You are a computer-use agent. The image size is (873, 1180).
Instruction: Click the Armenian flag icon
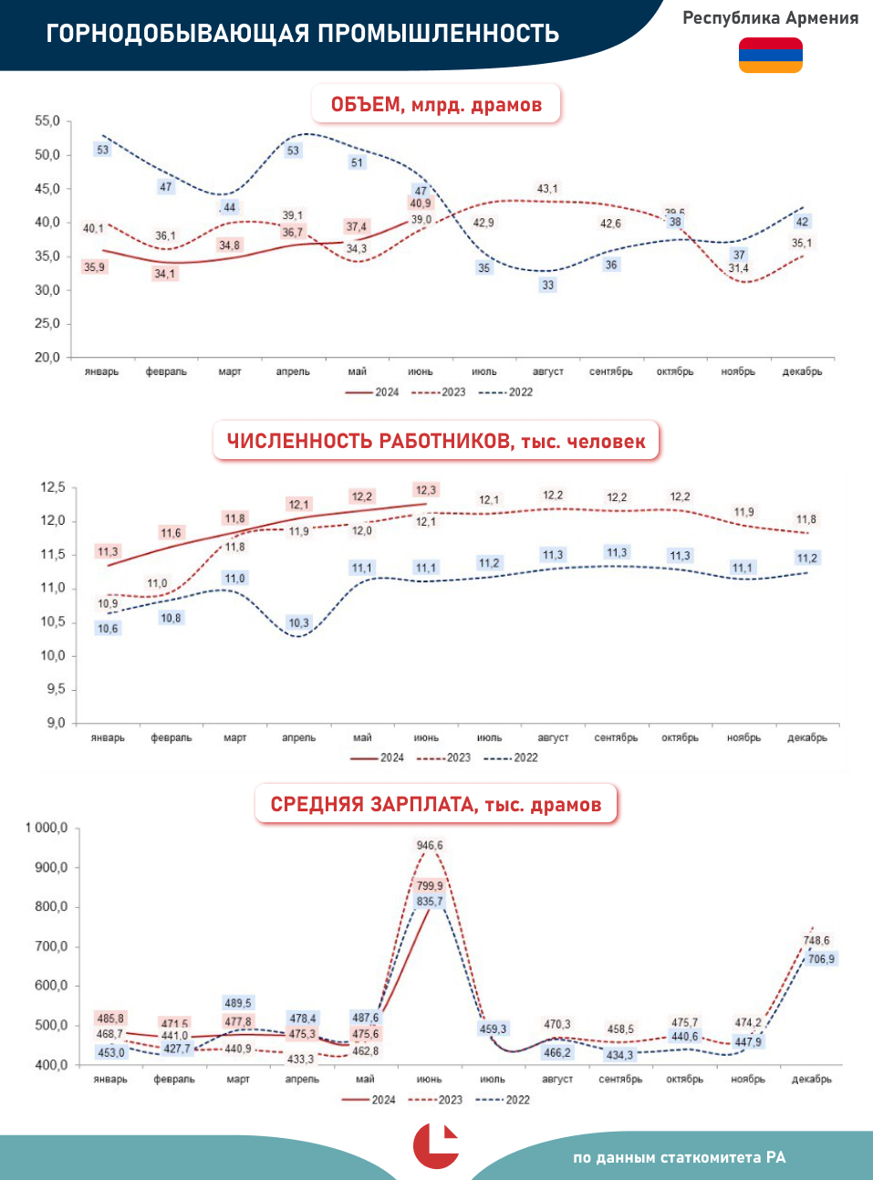pos(770,55)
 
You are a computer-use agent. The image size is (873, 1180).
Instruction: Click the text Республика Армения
pos(770,18)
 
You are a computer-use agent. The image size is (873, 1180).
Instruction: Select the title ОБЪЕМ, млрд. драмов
pos(436,105)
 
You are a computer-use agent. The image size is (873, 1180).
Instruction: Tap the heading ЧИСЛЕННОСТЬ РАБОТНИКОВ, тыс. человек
pos(436,442)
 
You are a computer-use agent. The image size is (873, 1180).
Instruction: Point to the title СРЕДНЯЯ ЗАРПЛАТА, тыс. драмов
pos(436,805)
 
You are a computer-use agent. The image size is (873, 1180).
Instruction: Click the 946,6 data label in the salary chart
pos(430,846)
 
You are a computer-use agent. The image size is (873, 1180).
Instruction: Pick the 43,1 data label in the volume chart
pos(547,189)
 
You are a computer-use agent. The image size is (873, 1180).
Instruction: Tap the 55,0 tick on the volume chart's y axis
pos(47,121)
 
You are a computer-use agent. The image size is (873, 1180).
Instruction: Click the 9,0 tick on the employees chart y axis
pos(56,723)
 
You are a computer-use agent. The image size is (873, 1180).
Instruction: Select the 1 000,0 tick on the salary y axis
pos(47,828)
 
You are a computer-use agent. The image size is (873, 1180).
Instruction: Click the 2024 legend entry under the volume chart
pos(373,392)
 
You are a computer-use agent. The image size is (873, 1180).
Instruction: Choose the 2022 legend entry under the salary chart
pos(505,1100)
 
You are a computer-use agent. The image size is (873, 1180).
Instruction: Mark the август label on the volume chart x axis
pos(548,371)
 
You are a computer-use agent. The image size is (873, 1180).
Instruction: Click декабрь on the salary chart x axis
pos(811,1079)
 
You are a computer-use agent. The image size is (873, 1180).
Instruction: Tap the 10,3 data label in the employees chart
pos(298,623)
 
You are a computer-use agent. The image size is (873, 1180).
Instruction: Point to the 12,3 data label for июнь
pos(425,490)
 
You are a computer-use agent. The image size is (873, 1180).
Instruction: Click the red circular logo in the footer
pos(436,1146)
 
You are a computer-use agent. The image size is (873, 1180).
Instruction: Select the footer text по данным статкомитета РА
pos(679,1157)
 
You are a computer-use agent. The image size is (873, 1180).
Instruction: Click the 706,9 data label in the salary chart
pos(821,959)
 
